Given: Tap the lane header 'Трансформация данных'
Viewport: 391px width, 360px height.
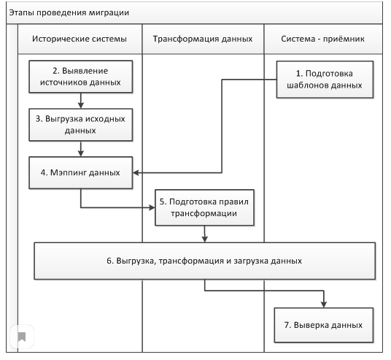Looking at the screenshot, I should click(202, 38).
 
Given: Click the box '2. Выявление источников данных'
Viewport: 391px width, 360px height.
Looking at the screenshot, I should click(80, 77).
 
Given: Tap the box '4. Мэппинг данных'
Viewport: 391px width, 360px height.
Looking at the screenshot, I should click(80, 173).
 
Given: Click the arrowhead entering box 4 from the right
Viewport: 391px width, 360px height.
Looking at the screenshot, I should click(136, 173).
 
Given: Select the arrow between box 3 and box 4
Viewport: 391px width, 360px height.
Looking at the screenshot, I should click(80, 149).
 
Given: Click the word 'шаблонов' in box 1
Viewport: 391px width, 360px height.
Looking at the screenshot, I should click(314, 84).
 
